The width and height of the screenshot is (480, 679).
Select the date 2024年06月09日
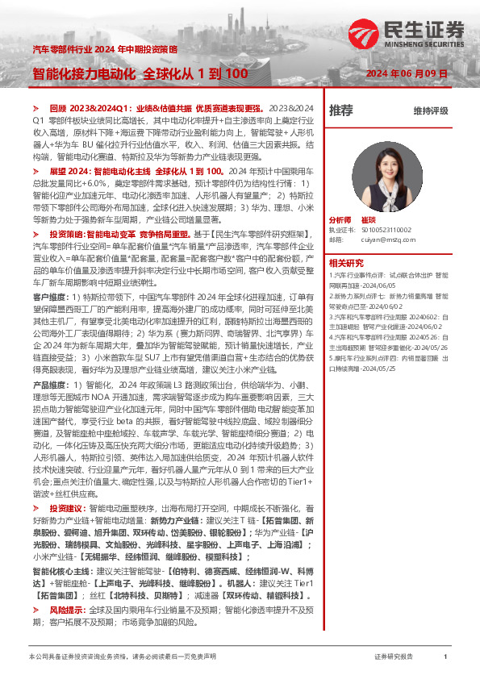[x=412, y=73]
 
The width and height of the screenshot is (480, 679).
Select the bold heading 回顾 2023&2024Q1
[x=86, y=107]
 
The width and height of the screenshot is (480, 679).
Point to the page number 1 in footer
[x=445, y=657]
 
